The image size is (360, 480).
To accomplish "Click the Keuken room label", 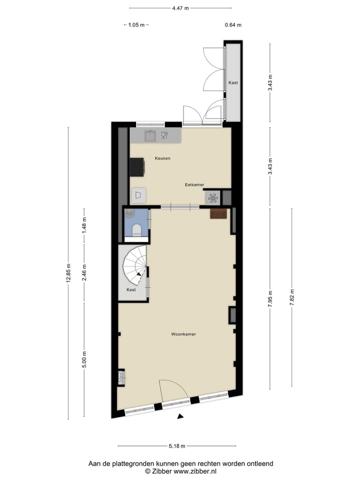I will tap(162, 158).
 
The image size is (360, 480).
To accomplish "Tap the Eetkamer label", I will tap(194, 184).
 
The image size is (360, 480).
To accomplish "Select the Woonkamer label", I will tap(183, 334).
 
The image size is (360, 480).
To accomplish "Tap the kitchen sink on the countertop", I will tap(150, 135).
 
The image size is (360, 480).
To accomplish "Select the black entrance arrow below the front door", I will tap(181, 416).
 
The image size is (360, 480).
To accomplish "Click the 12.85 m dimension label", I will tap(68, 273).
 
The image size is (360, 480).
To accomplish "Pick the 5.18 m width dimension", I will tap(177, 446).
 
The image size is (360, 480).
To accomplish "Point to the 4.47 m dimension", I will tap(180, 8).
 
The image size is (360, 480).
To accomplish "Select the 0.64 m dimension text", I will tap(233, 25).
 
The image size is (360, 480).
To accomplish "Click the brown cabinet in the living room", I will tap(219, 214).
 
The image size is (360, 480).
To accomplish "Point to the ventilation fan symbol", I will tap(213, 198).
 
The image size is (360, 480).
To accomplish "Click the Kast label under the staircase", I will tap(131, 289).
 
